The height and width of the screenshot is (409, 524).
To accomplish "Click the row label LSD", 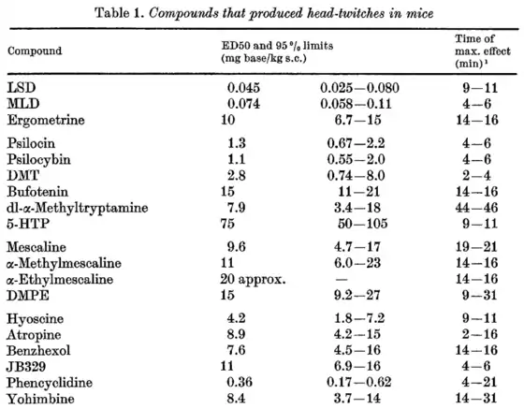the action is [22, 88].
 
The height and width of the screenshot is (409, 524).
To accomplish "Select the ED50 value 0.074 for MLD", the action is [243, 104].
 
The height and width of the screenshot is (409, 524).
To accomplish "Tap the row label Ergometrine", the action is [46, 120].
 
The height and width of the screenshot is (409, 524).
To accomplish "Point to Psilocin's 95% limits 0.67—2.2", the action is [356, 143].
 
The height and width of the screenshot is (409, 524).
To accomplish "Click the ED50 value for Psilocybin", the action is [237, 159].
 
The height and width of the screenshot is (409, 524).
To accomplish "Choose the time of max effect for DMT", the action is [477, 175].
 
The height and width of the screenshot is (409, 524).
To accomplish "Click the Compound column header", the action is [35, 51].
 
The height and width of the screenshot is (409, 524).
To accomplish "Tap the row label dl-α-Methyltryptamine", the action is [77, 208].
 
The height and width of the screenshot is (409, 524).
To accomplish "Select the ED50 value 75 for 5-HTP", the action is [227, 224].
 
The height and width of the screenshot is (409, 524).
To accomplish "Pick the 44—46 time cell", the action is [476, 208].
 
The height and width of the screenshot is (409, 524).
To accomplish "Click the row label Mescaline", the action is [36, 247].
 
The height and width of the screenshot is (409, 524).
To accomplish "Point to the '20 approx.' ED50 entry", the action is [253, 279].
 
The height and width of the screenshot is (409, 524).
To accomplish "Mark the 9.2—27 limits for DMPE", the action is [357, 295].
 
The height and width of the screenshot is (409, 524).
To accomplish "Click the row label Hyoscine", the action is [36, 318].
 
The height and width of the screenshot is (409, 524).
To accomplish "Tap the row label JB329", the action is [26, 367].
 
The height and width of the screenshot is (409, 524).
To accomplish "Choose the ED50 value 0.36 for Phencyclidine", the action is [240, 382].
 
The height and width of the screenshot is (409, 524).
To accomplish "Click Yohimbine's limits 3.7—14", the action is [357, 398].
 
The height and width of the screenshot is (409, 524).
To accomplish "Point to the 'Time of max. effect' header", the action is [483, 51].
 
